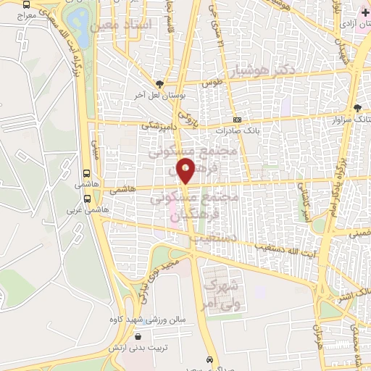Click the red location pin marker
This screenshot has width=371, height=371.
pos(186,171)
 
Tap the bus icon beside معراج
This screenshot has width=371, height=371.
pos(26,4)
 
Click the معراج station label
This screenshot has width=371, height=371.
pos(22,14)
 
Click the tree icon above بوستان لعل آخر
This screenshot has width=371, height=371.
pos(161,83)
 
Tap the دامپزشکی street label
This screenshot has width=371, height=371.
pos(156,125)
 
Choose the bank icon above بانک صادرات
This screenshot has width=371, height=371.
pos(237,121)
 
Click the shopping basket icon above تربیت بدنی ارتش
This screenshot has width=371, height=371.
pos(138,336)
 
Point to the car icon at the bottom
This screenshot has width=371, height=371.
pos(209,359)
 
